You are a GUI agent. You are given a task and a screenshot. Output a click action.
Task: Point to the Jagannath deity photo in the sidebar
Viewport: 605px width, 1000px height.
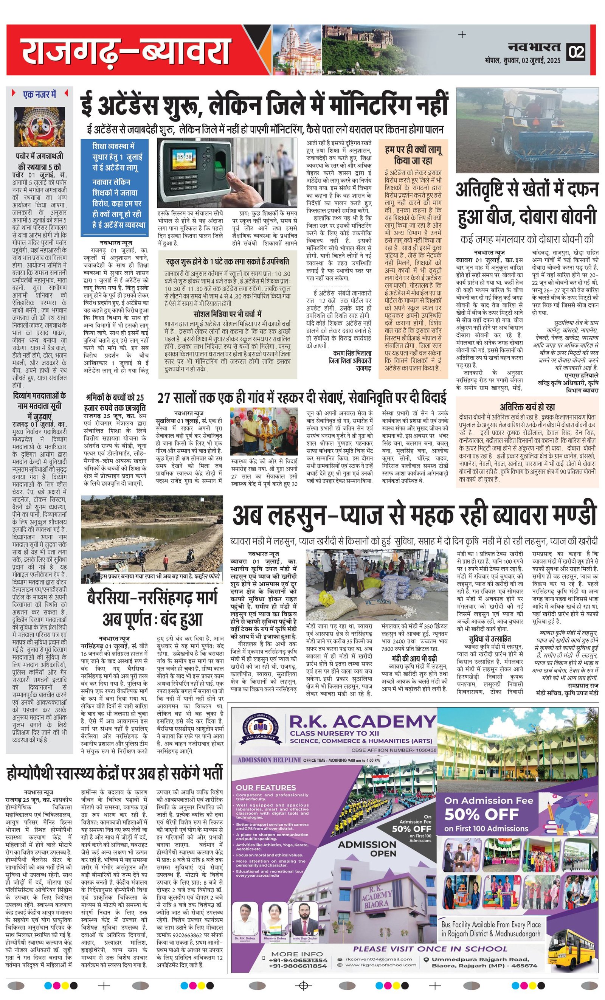pos(40,126)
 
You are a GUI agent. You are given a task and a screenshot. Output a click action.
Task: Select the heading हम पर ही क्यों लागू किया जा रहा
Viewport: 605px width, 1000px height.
pos(413,155)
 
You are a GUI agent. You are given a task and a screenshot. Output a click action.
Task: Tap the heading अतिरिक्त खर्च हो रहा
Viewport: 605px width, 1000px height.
pos(527,407)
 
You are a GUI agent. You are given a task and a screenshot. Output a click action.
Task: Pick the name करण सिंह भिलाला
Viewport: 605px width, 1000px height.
pos(352,353)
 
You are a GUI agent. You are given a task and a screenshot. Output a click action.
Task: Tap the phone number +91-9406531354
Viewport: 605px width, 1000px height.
pos(298,960)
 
